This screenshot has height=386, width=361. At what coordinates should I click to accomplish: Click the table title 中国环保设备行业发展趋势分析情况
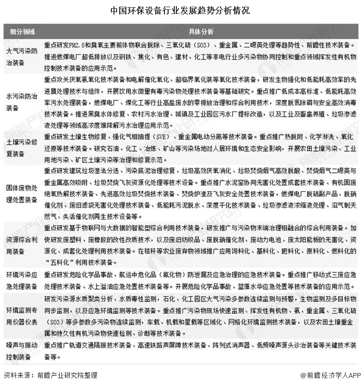(x=180, y=10)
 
